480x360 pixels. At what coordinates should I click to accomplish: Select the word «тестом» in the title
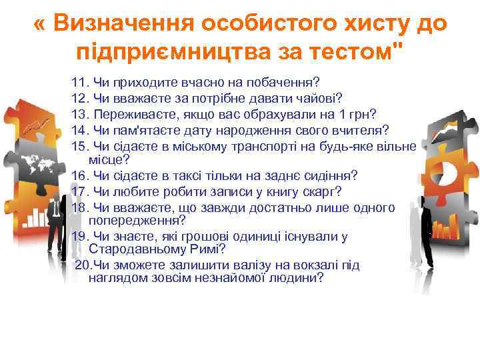[x=360, y=50]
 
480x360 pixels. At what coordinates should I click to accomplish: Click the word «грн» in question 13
[x=363, y=113]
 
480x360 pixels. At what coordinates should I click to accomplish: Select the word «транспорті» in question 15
[x=242, y=145]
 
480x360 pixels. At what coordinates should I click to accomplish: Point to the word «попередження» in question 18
[x=137, y=219]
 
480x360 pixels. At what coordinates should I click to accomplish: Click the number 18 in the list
[x=80, y=208]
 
